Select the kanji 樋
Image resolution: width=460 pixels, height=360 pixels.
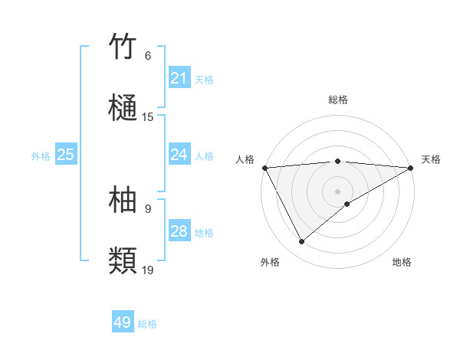pos(123,108)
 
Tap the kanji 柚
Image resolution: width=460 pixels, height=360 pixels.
pos(123,199)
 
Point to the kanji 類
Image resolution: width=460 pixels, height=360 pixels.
pos(123,260)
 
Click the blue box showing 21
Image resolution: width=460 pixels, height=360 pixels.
pos(179,78)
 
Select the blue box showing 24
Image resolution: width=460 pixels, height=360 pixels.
pos(179,155)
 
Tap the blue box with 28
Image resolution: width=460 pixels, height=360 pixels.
pos(179,231)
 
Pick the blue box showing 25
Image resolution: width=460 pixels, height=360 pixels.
pos(66,155)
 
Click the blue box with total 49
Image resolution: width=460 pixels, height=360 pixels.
pos(123,323)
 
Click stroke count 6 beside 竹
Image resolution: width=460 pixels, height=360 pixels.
pos(148,56)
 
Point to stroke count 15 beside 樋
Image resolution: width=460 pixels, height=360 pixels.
pos(148,117)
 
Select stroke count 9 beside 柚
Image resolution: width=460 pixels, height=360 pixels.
pos(148,208)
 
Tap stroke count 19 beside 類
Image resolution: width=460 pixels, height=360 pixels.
pos(148,269)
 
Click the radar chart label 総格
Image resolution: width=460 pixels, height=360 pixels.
pos(338,100)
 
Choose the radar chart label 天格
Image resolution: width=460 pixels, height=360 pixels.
pos(432,159)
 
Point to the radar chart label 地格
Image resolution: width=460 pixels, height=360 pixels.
pos(402,263)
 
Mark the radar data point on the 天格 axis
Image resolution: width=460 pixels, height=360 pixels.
pos(411,168)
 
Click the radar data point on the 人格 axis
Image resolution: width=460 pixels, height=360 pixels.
pos(264,168)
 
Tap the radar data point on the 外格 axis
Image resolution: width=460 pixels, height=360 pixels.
pos(301,242)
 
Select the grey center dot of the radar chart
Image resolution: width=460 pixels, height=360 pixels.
pos(338,191)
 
